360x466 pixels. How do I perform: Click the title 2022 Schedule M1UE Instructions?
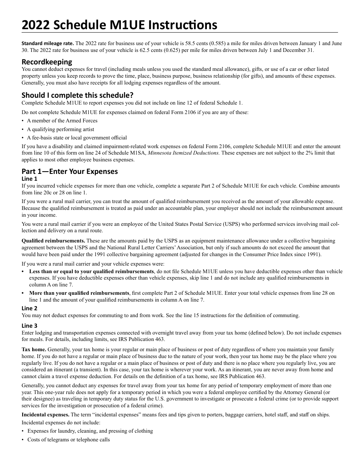[119, 25]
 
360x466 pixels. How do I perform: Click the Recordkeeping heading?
[47, 61]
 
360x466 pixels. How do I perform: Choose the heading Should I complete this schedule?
[77, 95]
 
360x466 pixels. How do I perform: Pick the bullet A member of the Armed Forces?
[62, 120]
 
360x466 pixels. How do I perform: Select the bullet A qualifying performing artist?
[61, 129]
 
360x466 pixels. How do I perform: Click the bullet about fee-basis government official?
[77, 138]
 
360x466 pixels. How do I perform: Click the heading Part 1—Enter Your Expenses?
[69, 171]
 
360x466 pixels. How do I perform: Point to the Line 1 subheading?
[30, 178]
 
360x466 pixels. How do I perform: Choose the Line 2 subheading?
[30, 308]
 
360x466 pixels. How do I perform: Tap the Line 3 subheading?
[30, 325]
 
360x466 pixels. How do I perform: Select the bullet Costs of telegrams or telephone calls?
[69, 439]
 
